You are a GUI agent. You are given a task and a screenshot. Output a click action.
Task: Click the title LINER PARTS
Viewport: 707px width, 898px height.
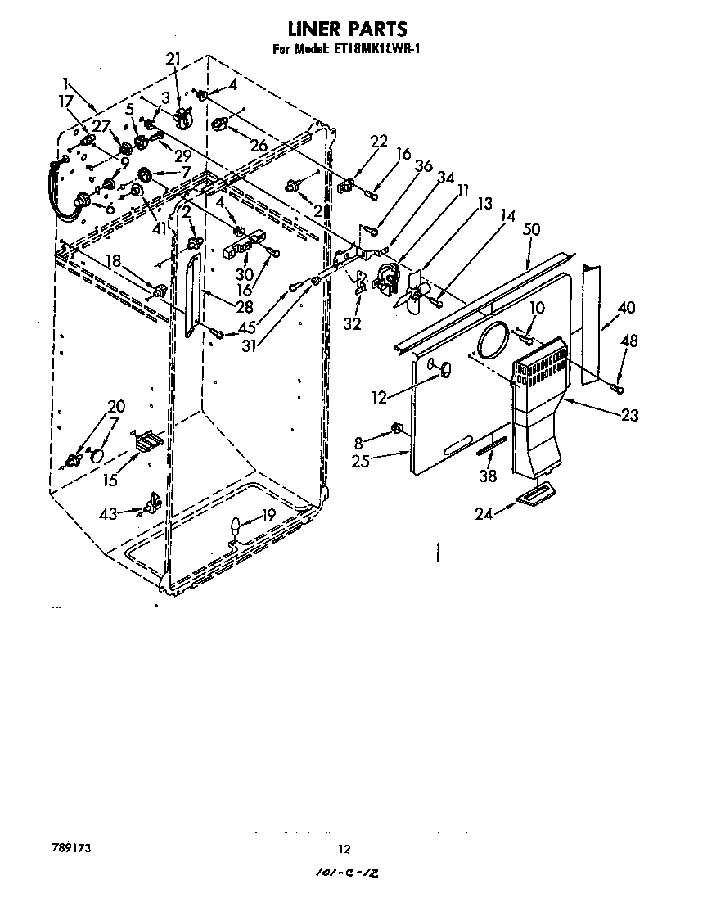pyautogui.click(x=353, y=30)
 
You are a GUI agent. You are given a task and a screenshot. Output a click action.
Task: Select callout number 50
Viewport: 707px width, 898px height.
pyautogui.click(x=532, y=230)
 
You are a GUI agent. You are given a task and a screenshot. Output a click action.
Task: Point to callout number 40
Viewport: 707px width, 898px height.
pyautogui.click(x=627, y=308)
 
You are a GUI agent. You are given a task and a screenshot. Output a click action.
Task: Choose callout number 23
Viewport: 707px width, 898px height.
pyautogui.click(x=629, y=415)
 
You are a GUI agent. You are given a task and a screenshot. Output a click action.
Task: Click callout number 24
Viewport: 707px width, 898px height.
pyautogui.click(x=486, y=513)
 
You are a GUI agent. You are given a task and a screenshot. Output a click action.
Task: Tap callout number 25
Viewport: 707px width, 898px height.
pyautogui.click(x=361, y=460)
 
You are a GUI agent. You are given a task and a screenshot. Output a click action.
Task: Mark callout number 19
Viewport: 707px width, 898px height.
pyautogui.click(x=268, y=516)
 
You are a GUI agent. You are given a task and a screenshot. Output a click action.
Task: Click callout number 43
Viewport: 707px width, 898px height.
pyautogui.click(x=108, y=513)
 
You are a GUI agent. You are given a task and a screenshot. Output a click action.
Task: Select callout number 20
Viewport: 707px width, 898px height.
pyautogui.click(x=116, y=406)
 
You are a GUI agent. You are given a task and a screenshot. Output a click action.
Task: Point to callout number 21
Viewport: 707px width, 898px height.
pyautogui.click(x=173, y=59)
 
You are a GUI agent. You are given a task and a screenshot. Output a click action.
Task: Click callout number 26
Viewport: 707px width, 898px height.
pyautogui.click(x=259, y=146)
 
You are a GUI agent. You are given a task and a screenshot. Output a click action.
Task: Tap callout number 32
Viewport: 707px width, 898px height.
pyautogui.click(x=353, y=323)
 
